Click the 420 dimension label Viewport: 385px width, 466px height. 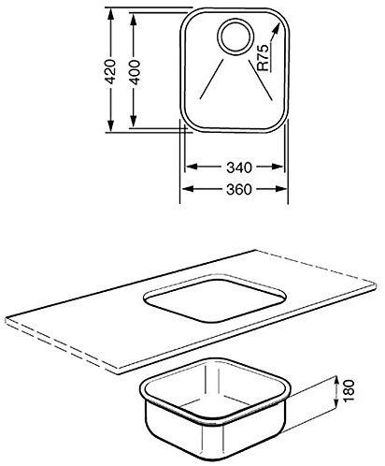click(110, 71)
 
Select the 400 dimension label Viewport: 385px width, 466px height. click(135, 72)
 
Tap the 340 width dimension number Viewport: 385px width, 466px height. click(239, 167)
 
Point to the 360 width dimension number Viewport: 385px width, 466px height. click(239, 189)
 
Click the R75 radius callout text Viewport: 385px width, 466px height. click(263, 57)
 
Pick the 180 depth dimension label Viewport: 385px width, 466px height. click(349, 390)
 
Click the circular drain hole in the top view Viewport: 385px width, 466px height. click(235, 36)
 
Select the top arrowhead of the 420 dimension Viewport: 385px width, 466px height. click(110, 15)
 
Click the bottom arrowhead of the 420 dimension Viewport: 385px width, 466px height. click(110, 125)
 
